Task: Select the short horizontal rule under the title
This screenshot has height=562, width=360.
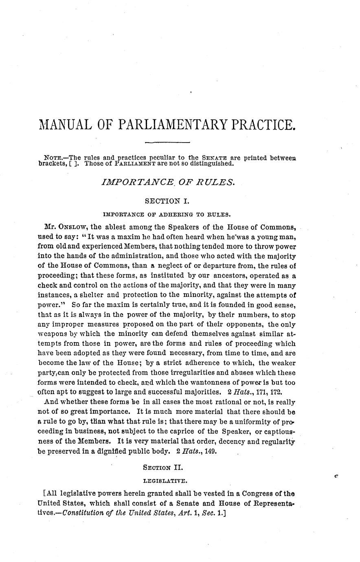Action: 168,143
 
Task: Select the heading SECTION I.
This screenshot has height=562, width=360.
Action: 168,201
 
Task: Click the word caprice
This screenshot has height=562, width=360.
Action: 194,431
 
